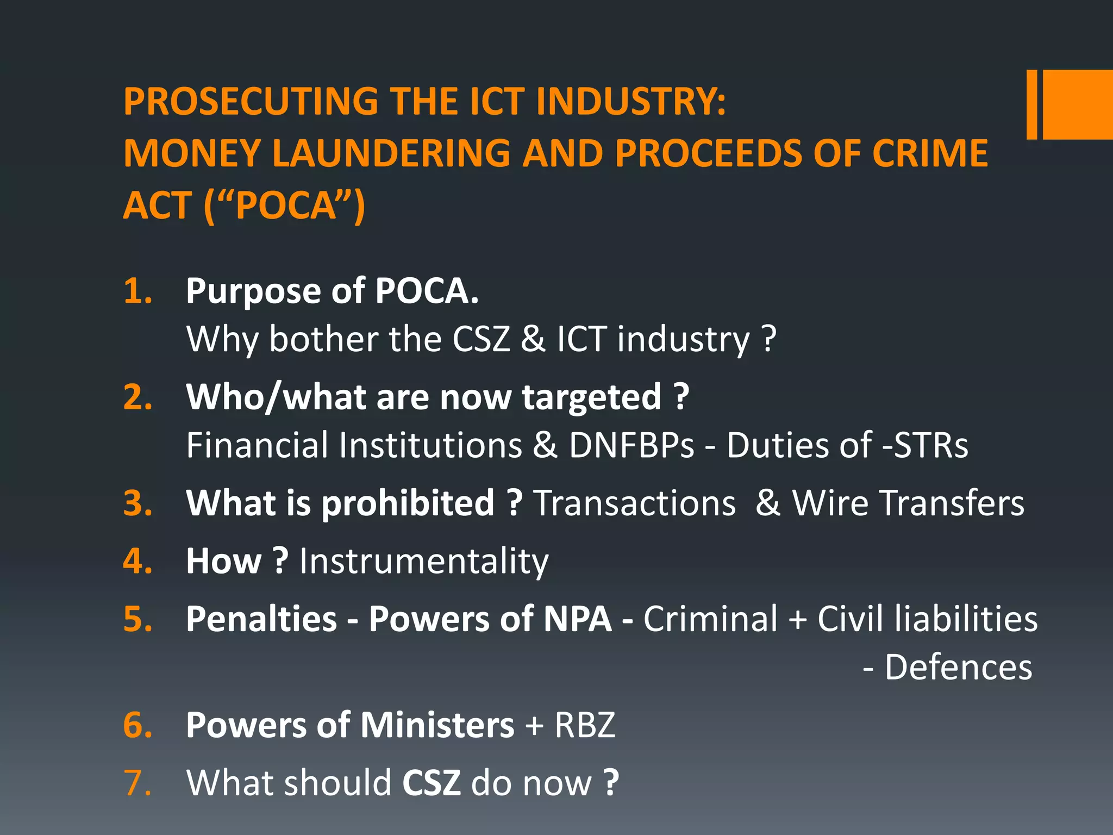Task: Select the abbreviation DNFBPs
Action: (631, 445)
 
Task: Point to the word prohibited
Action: (408, 503)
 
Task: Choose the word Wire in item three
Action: (830, 503)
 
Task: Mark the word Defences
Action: (958, 667)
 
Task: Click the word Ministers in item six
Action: (437, 725)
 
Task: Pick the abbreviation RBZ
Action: (585, 725)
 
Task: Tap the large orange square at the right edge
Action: (1078, 104)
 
